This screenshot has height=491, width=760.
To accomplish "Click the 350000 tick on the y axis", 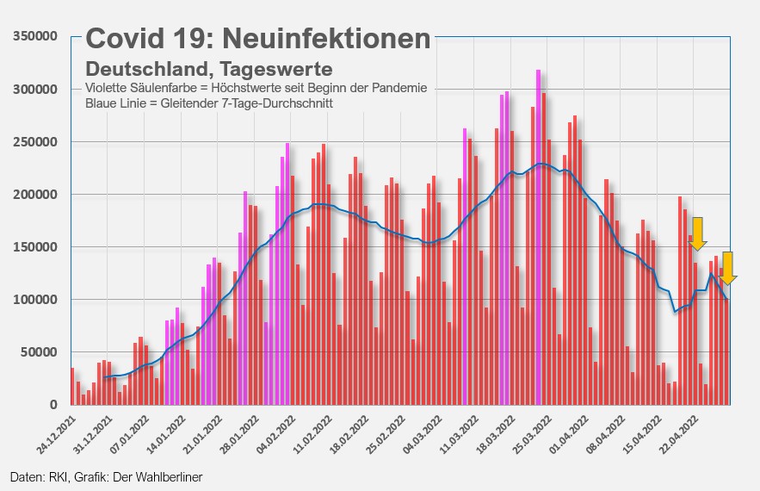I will pos(34,36).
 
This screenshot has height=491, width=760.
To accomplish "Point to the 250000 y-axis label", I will pos(34,142).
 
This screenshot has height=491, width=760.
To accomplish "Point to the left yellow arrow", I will pos(698,233).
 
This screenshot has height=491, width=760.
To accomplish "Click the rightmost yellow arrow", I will pos(728,268).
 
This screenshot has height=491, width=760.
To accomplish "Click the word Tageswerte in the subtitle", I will pos(276,68).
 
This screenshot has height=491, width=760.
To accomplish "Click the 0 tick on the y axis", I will pos(53,405).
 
